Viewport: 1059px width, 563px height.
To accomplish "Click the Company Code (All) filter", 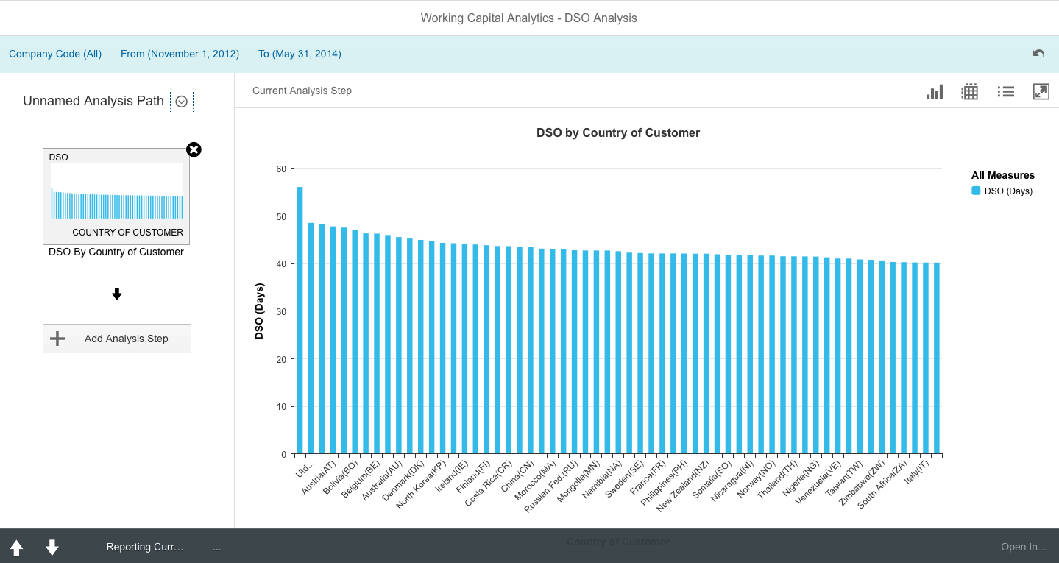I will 55,54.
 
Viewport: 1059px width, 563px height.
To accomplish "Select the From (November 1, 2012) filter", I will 180,54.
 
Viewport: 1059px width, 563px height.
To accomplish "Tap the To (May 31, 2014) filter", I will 300,54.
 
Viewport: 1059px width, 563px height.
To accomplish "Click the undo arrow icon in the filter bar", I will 1038,54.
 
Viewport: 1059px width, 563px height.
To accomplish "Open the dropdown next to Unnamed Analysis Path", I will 182,102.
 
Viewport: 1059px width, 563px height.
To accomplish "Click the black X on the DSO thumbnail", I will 194,150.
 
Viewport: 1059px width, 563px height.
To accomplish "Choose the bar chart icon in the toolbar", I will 935,91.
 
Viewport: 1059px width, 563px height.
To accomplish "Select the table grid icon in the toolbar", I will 970,91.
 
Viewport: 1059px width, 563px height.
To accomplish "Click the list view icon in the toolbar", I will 1006,91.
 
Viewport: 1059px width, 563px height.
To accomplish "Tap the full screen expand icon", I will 1041,91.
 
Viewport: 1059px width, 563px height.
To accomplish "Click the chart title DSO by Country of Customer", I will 617,133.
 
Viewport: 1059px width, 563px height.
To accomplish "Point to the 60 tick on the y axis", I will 281,169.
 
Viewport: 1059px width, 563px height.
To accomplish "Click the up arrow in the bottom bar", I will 16,548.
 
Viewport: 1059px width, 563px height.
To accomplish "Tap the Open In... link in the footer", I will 1023,547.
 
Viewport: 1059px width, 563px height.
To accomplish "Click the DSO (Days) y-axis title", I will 259,311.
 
